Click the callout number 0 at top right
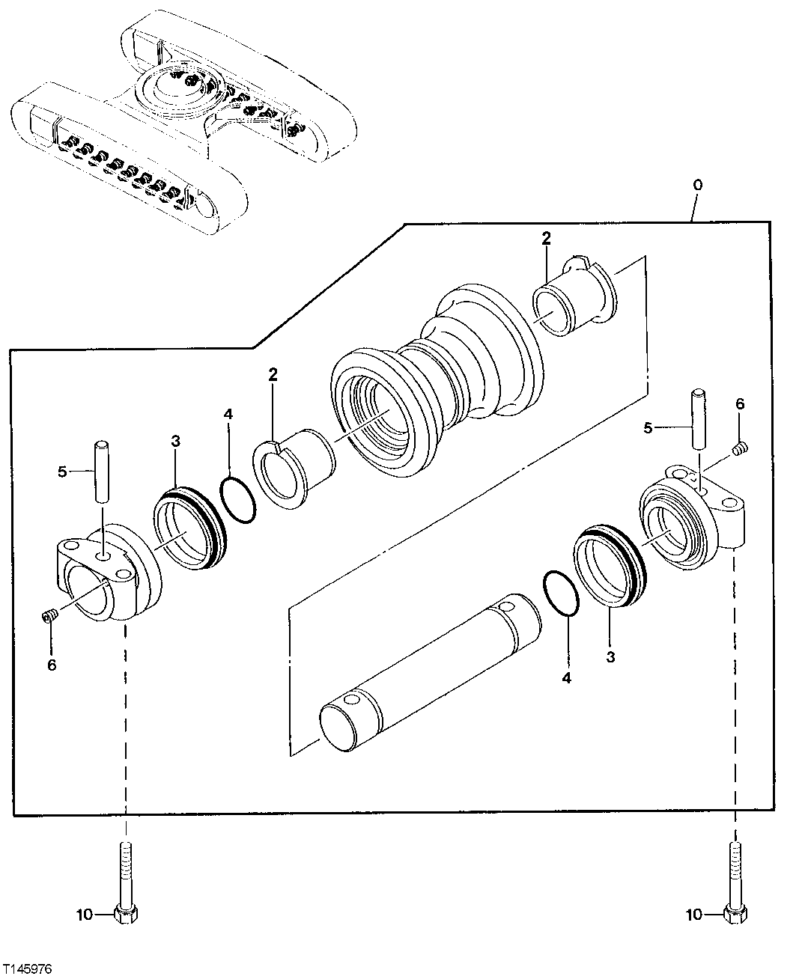point(698,183)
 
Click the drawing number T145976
point(27,968)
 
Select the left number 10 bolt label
point(85,914)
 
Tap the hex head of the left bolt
point(126,914)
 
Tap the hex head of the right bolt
point(735,914)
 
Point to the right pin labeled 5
point(698,419)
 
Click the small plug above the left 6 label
point(50,617)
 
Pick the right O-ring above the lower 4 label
point(559,594)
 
